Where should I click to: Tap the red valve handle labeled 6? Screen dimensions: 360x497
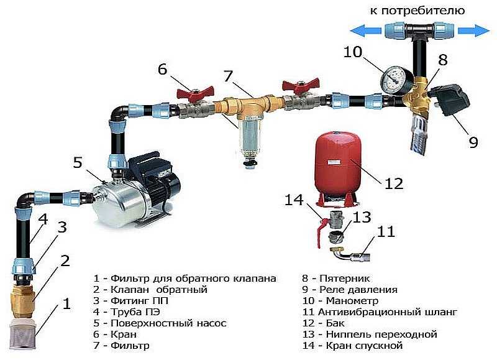coord(191,95)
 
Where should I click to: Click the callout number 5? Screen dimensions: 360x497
coord(77,163)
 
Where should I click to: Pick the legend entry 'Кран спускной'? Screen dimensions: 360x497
coord(360,345)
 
